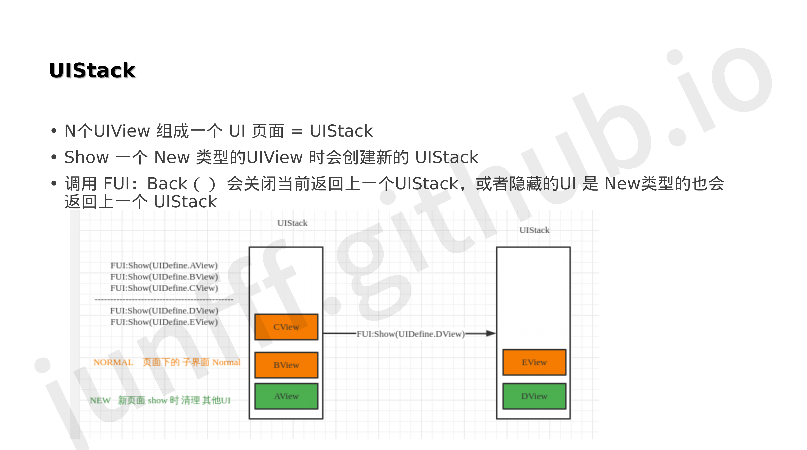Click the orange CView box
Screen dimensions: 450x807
tap(286, 327)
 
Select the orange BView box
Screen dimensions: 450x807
tap(286, 365)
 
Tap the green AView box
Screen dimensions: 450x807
tap(286, 396)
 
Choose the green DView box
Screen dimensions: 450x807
tap(534, 396)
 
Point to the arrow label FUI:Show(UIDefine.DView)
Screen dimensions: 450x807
tap(411, 334)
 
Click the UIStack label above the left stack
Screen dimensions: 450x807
tap(292, 223)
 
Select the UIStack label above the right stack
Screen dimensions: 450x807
tap(534, 230)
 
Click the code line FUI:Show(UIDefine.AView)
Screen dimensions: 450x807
tap(164, 265)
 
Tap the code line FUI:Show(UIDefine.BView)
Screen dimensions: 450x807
tap(164, 276)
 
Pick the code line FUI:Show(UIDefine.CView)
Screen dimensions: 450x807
tap(164, 288)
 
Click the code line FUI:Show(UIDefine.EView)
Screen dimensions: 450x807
tap(164, 322)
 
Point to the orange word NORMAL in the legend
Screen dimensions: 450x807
tap(113, 362)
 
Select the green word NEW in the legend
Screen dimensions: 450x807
tap(100, 400)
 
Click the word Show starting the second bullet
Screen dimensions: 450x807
tap(86, 157)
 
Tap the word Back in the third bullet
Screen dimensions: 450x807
tap(167, 183)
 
